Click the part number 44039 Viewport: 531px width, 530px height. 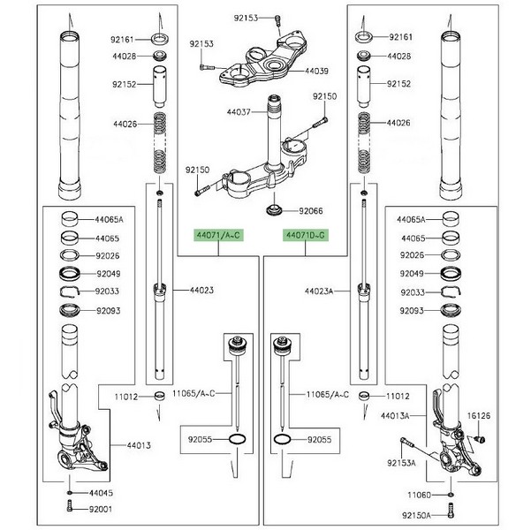click(317, 71)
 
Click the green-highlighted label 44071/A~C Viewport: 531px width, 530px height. click(216, 235)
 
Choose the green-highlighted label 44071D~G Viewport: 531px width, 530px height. click(306, 235)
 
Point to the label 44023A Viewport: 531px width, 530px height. click(320, 290)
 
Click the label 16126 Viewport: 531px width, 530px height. click(477, 413)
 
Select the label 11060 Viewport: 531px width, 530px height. click(419, 496)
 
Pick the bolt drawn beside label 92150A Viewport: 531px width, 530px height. click(450, 510)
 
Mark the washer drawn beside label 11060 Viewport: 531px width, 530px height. click(450, 495)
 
